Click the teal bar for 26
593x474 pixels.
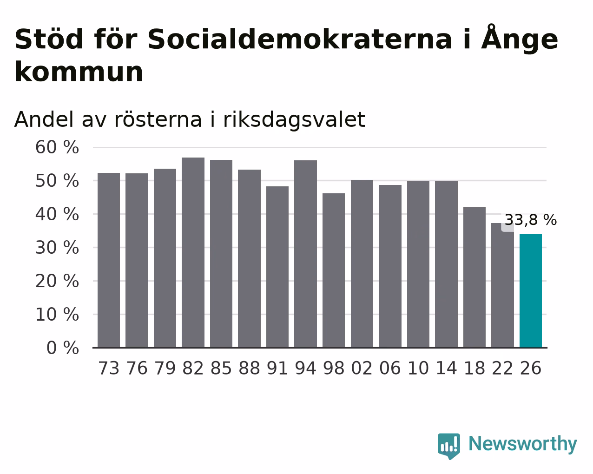pos(530,291)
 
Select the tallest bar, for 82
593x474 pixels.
pos(193,252)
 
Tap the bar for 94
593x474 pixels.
pos(305,254)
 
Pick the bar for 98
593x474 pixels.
pos(333,270)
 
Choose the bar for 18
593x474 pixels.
pos(474,277)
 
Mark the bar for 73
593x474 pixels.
pos(109,260)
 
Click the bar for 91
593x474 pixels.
pos(277,267)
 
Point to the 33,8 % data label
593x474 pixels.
pos(530,220)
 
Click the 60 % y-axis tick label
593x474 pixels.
pos(57,147)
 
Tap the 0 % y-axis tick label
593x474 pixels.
pos(63,348)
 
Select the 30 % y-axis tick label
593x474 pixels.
pos(57,248)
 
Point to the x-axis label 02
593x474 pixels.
pos(362,368)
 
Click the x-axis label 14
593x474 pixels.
pos(446,368)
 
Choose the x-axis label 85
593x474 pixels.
pos(221,368)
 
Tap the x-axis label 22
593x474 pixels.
pos(502,368)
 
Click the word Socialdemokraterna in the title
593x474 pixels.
pos(300,39)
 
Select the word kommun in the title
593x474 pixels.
pos(79,72)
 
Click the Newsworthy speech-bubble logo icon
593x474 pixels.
pos(449,446)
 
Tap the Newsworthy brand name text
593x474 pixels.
pos(523,444)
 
